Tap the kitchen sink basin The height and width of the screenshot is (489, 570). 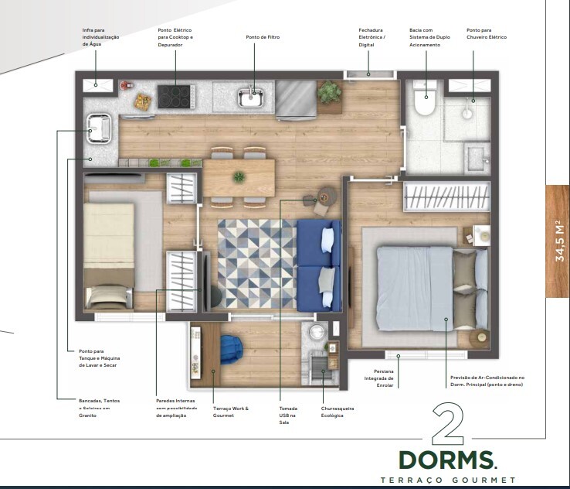click(252, 98)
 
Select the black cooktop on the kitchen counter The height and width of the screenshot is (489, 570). click(175, 96)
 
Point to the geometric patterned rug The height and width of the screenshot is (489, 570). click(256, 263)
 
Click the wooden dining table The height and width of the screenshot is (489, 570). click(239, 177)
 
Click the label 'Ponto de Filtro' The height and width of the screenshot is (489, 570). click(262, 37)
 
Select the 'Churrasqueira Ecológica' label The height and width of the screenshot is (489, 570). click(338, 412)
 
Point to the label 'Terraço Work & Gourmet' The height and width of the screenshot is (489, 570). click(231, 412)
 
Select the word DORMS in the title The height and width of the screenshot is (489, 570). click(447, 460)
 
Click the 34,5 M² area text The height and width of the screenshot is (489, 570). click(559, 241)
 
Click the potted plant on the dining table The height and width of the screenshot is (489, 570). click(239, 177)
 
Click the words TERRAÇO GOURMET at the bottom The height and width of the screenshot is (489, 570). click(447, 480)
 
